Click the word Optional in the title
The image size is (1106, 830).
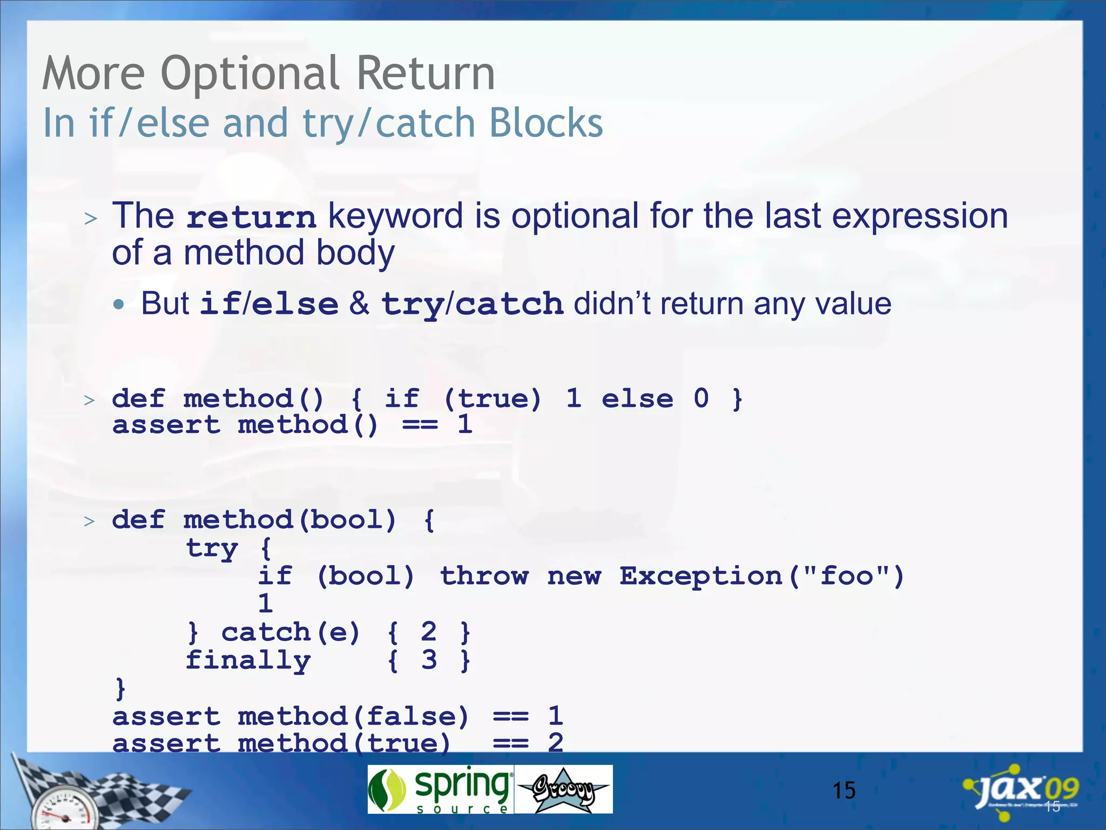[x=250, y=74]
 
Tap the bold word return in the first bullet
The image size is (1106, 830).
[x=251, y=217]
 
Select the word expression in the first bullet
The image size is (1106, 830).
[x=920, y=216]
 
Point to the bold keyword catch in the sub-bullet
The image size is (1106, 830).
[x=509, y=304]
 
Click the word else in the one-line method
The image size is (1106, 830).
[x=637, y=399]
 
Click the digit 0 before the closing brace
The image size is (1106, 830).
[x=701, y=398]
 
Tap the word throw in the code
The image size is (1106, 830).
[x=484, y=576]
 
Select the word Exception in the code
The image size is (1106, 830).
[x=700, y=576]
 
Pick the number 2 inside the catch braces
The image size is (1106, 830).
[x=429, y=632]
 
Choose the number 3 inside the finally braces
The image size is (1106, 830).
[x=429, y=660]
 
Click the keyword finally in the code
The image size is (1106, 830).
[x=248, y=660]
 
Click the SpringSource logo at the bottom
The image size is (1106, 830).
[x=440, y=789]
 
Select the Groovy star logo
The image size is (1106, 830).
[x=563, y=789]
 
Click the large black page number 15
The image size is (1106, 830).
[x=844, y=791]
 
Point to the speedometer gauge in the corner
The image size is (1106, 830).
[x=64, y=811]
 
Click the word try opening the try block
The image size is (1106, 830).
[x=212, y=549]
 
